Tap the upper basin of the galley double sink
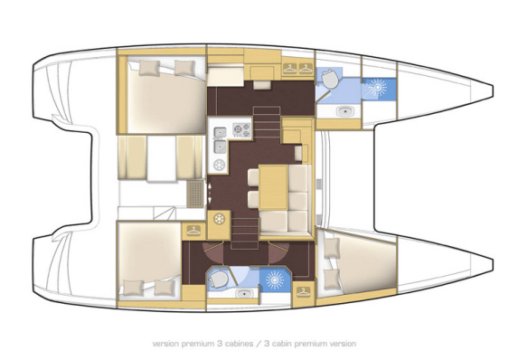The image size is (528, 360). tap(219, 134)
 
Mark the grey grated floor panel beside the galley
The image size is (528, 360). tap(194, 192)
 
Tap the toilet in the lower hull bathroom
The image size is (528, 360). tap(217, 278)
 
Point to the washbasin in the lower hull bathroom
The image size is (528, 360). tap(242, 293)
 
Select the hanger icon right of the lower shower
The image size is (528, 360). tap(303, 290)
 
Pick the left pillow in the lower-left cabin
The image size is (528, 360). tap(135, 287)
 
